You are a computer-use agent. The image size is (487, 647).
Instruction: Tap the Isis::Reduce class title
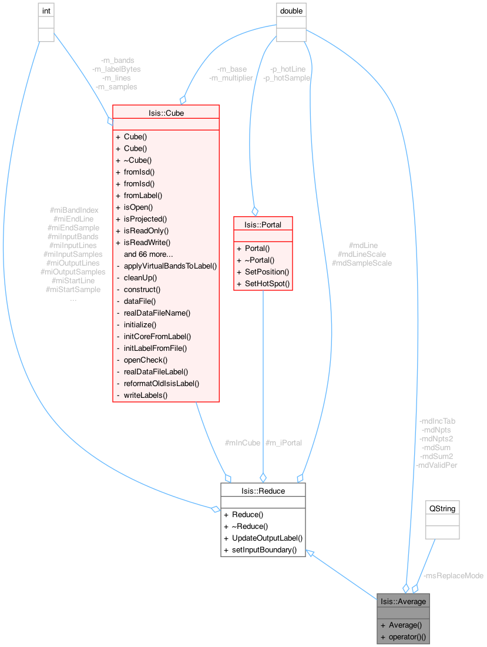(x=263, y=490)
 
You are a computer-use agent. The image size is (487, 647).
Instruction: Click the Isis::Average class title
(x=403, y=601)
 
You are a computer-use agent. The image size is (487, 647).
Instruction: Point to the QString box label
(x=442, y=508)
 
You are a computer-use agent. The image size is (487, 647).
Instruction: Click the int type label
(x=46, y=10)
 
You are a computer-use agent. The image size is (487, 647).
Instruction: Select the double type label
(x=291, y=10)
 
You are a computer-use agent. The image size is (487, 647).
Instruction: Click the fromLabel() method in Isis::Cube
(x=143, y=195)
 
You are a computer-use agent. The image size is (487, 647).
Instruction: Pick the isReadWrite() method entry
(x=147, y=242)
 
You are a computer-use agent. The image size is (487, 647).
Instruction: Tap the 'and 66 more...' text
(x=148, y=254)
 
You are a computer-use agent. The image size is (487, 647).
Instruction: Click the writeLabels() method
(x=145, y=395)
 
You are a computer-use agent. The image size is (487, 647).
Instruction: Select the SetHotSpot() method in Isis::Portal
(x=263, y=284)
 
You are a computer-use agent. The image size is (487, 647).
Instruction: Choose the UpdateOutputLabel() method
(x=267, y=538)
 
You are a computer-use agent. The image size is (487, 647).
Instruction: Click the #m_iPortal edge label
(x=284, y=442)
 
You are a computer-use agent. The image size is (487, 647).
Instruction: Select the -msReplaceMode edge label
(x=454, y=575)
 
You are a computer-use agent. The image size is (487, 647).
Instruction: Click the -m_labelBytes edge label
(x=116, y=69)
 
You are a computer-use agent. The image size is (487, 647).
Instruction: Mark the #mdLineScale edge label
(x=362, y=254)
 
